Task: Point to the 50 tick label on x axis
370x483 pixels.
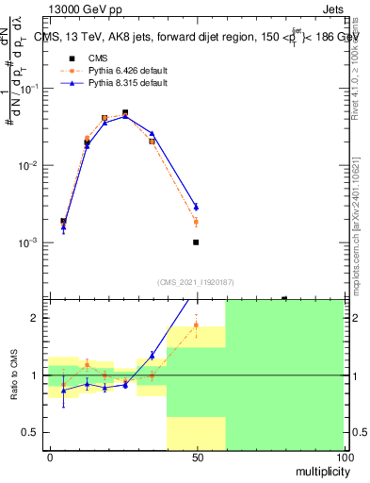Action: [197, 457]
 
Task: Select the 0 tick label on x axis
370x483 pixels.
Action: [50, 457]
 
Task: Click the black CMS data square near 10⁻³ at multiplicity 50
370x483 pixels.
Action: [196, 242]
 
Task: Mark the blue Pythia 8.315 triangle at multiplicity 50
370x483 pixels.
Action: [196, 207]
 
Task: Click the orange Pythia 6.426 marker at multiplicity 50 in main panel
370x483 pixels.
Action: [196, 222]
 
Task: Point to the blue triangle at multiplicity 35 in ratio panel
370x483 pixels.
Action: [152, 355]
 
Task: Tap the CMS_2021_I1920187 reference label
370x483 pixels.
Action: [196, 282]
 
